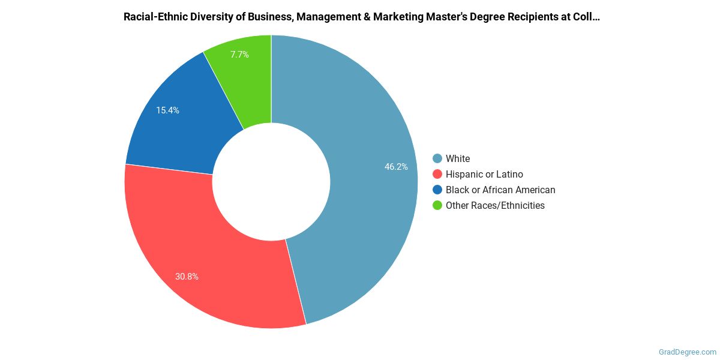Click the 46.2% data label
tap(396, 167)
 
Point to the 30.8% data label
tap(187, 277)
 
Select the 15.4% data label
tap(167, 110)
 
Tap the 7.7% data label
tap(239, 55)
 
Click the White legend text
tap(458, 159)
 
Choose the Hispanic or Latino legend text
tap(484, 175)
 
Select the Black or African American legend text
tap(500, 190)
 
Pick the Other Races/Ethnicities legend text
tap(495, 206)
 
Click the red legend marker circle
tap(437, 175)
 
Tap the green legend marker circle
tap(437, 206)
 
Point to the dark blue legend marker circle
tap(437, 190)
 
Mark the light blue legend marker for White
tap(437, 159)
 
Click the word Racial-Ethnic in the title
tap(155, 17)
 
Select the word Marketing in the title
tap(397, 17)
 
